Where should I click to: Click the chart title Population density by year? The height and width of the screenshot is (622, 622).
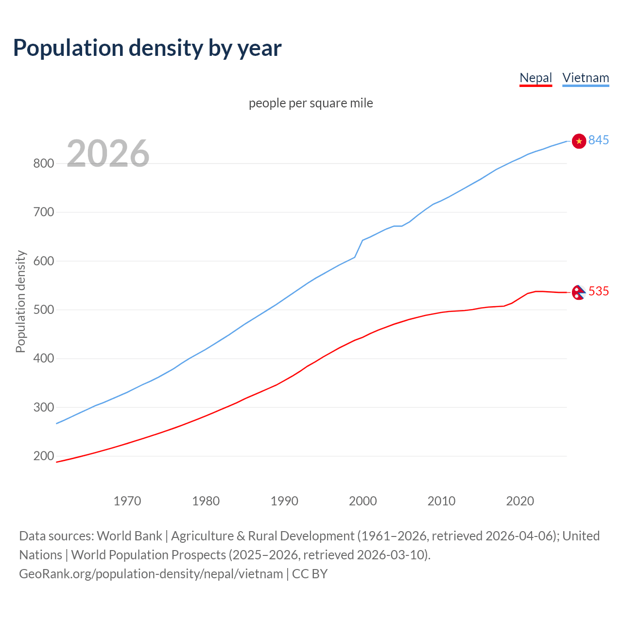pos(147,48)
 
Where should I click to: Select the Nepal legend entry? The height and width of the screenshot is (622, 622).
pos(536,78)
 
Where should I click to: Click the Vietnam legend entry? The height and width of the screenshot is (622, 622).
pos(586,78)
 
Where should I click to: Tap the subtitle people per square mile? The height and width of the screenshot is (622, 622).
pos(311,103)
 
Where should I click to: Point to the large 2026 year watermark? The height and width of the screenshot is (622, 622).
pos(108,154)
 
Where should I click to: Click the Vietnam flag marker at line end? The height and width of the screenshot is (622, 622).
pos(579,141)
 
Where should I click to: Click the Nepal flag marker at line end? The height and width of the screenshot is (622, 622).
pos(578,292)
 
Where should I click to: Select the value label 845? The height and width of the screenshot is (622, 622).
pos(598,140)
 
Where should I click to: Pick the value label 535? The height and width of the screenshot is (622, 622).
pos(598,291)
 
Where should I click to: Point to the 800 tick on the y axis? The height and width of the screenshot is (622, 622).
pos(43,163)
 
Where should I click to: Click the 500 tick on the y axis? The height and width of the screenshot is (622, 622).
pos(43,310)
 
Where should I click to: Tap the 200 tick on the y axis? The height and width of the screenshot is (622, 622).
pos(43,456)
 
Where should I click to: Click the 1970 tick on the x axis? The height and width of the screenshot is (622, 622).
pos(127,501)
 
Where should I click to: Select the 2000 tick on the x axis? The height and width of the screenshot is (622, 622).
pos(363,501)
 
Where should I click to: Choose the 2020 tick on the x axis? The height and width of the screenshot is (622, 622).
pos(520,501)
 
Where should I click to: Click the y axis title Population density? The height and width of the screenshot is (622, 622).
pos(20,301)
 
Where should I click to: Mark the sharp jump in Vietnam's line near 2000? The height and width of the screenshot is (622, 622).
pos(359,248)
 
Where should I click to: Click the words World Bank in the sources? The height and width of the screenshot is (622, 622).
pos(129,536)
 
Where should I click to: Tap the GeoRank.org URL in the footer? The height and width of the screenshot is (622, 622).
pos(151,574)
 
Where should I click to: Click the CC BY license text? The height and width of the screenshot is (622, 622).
pos(310,574)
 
